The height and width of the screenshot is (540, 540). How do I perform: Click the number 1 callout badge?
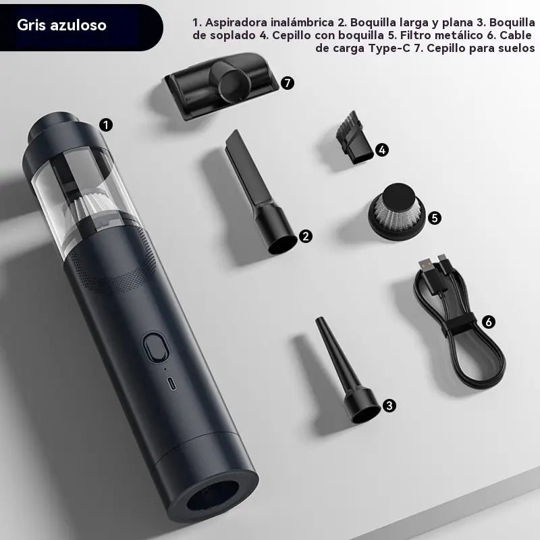[x=106, y=125]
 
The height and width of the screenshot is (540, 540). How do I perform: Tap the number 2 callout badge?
[x=306, y=236]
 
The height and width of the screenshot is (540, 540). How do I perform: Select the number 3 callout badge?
[x=389, y=406]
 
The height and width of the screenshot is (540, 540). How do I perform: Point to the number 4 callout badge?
[x=382, y=150]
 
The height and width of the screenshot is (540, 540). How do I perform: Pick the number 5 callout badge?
[x=435, y=217]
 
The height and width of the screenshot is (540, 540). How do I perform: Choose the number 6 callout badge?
[x=488, y=322]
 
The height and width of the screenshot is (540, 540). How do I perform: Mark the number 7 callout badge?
[x=288, y=83]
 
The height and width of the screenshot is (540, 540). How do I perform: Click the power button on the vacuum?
[x=156, y=347]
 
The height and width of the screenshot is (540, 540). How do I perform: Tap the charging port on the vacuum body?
[x=172, y=383]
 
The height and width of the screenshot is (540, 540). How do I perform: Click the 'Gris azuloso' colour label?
[x=61, y=25]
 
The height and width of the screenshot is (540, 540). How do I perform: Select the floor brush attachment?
[x=221, y=86]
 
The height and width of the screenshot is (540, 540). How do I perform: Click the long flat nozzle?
[x=261, y=192]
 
